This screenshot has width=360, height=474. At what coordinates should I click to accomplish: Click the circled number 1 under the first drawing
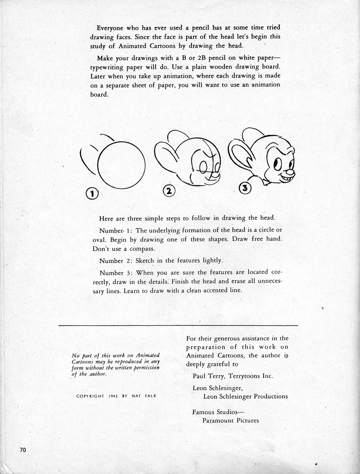click(92, 193)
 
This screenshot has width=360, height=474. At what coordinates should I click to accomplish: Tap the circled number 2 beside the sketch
click(169, 190)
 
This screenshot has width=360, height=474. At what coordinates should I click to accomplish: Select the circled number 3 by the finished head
click(245, 188)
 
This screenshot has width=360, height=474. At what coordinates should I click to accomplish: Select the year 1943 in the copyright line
click(112, 396)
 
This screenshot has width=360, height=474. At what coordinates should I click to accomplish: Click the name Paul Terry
click(207, 376)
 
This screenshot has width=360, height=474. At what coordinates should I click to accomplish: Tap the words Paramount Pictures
click(231, 420)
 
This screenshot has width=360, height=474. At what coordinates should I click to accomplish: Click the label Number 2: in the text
click(115, 260)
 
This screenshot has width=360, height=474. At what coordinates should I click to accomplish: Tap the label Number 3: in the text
click(115, 273)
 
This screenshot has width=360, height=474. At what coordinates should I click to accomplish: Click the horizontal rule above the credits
click(178, 325)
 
